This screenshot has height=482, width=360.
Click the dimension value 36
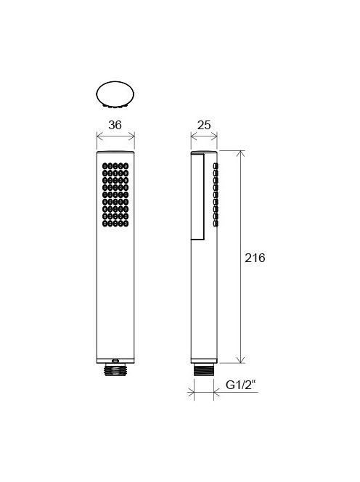pos(115,125)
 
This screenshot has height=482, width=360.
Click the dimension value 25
pos(204,125)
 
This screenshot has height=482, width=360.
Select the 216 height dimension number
pos(255,258)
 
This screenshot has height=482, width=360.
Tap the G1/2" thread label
pos(241,385)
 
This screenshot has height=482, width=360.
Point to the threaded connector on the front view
pos(115,369)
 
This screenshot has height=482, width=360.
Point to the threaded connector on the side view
pos(204,369)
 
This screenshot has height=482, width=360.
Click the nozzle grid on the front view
pos(115,195)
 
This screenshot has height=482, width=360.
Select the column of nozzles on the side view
pos(216,195)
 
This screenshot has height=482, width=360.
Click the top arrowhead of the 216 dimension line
pos(241,154)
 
